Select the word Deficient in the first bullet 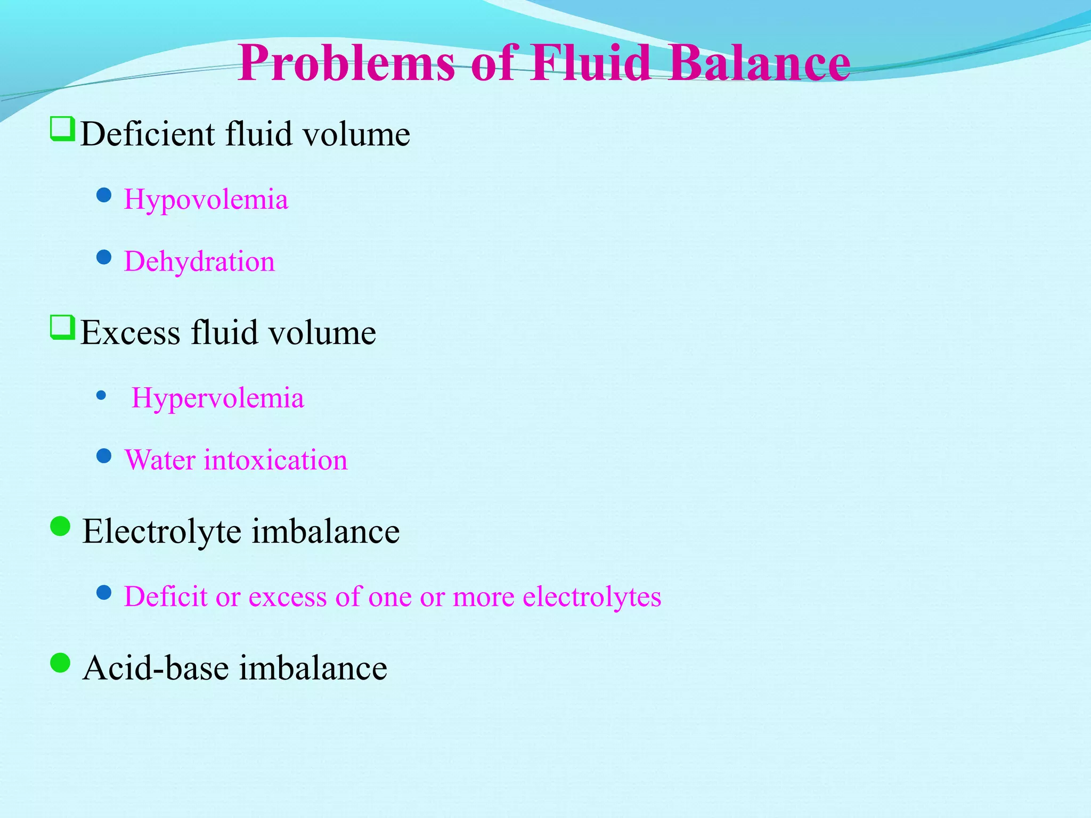147,134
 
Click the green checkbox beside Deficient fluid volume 62,129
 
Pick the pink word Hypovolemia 206,200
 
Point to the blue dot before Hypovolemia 104,195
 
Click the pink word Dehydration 200,261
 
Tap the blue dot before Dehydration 104,258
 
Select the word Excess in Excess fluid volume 131,333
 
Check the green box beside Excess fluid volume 62,328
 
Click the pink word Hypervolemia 218,398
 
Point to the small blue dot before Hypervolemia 101,396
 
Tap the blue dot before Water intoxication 104,456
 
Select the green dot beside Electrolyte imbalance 60,527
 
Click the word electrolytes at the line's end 592,596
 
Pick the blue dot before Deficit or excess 104,592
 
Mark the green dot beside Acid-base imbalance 60,664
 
